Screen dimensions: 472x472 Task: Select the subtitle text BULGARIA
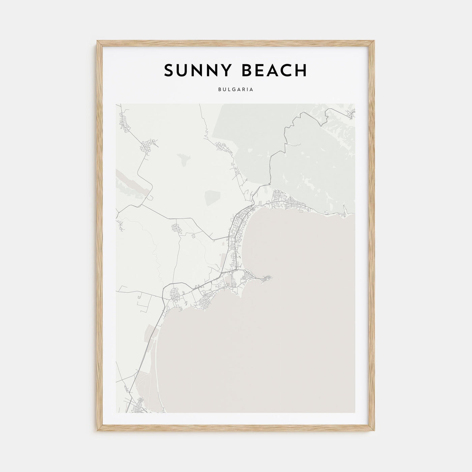[236, 90]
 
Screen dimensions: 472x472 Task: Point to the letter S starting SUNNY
[169, 70]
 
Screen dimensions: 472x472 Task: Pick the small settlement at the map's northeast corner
[351, 114]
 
